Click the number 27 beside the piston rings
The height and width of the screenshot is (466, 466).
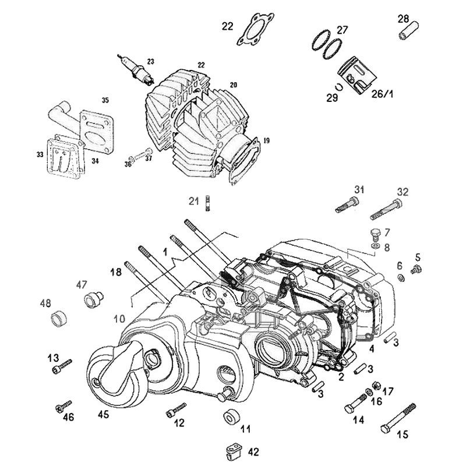point(343,30)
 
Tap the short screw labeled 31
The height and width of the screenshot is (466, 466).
point(348,204)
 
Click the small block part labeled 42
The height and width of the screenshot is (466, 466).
point(234,451)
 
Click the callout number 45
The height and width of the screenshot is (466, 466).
point(103,415)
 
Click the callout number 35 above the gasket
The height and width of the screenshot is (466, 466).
point(105,100)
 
